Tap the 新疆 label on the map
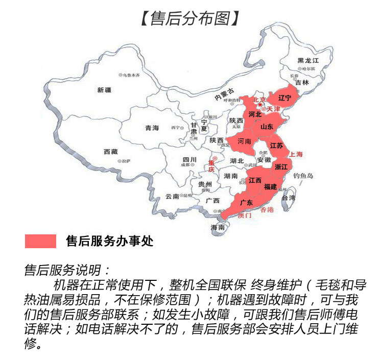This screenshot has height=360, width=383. coord(104,90)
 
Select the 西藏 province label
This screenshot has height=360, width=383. coord(111,152)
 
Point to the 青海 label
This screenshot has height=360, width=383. coord(152,128)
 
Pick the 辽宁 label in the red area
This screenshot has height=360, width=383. coord(285,98)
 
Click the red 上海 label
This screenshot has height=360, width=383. coord(296,154)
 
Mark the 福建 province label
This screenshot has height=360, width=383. coord(271,187)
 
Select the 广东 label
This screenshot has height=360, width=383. coord(247,202)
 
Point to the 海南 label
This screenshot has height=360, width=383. coord(218,228)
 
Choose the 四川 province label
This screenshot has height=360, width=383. coord(189,159)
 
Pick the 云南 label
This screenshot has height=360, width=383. coord(172,196)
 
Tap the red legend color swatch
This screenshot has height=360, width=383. coord(40,241)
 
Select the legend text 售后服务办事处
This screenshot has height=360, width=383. coord(110,241)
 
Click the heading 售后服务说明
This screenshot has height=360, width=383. coord(67,269)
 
